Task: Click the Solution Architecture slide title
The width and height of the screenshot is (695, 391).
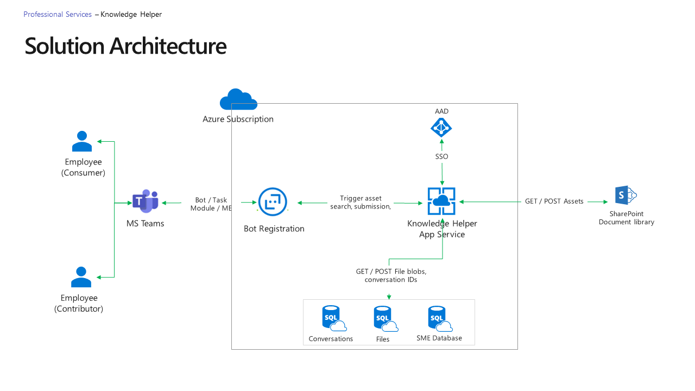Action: [125, 46]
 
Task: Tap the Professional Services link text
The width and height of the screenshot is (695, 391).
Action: [58, 15]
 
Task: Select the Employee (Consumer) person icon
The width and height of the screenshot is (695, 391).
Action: [82, 141]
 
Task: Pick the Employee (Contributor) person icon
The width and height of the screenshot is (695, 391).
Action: [81, 277]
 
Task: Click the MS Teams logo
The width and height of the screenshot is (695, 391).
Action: [145, 202]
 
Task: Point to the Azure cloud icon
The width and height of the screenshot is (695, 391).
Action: [238, 100]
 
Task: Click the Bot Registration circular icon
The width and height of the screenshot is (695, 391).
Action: [272, 202]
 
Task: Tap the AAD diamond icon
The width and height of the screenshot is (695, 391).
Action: [441, 128]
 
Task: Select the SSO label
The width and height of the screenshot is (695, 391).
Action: [441, 156]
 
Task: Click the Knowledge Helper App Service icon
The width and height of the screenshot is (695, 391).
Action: [441, 201]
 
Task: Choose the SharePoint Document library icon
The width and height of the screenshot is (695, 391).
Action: [625, 195]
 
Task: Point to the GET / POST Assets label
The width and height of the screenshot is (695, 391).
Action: [554, 201]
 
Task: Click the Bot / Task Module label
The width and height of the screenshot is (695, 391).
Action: [211, 204]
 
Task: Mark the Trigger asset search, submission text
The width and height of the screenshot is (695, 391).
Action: [361, 203]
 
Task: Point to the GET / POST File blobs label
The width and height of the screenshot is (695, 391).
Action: [391, 275]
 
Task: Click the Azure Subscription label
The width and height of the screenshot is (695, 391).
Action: [238, 119]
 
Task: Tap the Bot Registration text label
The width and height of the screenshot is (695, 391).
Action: [274, 229]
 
